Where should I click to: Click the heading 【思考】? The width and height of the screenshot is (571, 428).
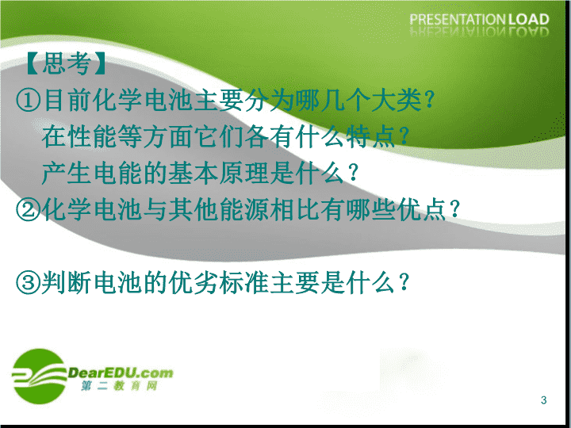66,63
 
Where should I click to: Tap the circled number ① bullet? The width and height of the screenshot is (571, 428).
28,101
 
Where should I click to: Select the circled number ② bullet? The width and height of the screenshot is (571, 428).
28,210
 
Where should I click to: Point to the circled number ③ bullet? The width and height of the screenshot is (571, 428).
28,283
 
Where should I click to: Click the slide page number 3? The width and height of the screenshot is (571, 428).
544,400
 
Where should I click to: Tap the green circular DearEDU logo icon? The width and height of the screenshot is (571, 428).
39,376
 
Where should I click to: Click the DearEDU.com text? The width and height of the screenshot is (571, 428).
121,373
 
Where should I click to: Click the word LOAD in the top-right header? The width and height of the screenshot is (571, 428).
529,19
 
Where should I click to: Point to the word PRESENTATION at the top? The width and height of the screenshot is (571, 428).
458,19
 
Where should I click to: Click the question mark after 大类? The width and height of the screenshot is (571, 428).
429,100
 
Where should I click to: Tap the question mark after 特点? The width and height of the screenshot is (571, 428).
404,136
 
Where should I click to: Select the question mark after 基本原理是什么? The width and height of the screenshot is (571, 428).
352,174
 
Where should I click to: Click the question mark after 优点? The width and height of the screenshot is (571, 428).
454,209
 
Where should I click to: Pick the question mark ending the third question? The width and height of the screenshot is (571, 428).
404,282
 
